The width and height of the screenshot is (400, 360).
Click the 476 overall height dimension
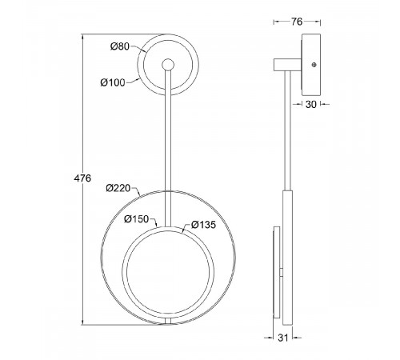pos(82,178)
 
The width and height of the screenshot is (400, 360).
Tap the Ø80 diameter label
pos(120,46)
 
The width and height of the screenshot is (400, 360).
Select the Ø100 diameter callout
pos(113,82)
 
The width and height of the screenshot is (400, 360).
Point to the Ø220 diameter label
pos(118,188)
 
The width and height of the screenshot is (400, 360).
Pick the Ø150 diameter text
pos(136,219)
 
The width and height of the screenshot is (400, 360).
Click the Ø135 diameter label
pos(203,225)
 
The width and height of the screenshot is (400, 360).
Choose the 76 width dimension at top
pos(297,22)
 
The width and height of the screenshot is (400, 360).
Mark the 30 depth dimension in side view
pos(310,104)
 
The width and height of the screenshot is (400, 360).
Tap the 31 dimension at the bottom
pos(283,338)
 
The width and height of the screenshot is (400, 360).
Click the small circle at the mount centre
pos(168,65)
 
